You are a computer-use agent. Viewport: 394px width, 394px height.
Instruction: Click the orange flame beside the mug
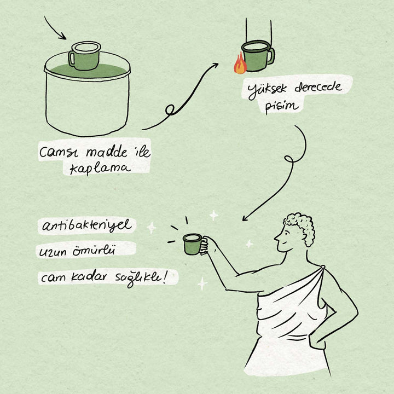(240, 64)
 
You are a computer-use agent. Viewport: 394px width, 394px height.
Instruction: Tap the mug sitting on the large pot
(84, 55)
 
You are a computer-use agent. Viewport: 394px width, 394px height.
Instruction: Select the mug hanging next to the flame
(258, 56)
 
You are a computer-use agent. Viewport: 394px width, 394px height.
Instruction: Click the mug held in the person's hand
(193, 244)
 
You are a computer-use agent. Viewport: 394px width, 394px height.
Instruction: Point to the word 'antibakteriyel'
(86, 225)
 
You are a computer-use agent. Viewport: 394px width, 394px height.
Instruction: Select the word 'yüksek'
(267, 90)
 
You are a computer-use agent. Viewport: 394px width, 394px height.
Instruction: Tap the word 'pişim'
(282, 107)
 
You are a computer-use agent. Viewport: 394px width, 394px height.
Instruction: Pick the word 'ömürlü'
(94, 251)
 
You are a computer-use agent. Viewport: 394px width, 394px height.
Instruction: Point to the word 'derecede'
(318, 87)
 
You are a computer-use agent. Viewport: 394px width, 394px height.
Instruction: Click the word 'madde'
(107, 152)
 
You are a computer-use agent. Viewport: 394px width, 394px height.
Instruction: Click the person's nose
(276, 237)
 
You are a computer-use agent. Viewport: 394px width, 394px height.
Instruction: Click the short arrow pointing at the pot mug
(55, 28)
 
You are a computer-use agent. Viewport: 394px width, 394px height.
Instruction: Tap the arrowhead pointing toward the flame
(215, 66)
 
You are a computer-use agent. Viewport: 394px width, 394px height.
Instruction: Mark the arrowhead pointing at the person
(245, 218)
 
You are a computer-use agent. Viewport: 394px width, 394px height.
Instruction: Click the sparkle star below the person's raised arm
(202, 284)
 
